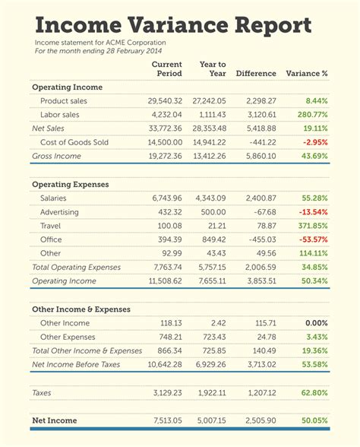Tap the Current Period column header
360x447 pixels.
pyautogui.click(x=166, y=69)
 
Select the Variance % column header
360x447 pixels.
pyautogui.click(x=306, y=74)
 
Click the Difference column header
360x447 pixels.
pyautogui.click(x=256, y=74)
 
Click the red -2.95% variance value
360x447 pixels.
pyautogui.click(x=314, y=142)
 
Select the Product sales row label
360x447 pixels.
pyautogui.click(x=64, y=101)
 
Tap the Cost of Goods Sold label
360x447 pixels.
pyautogui.click(x=75, y=142)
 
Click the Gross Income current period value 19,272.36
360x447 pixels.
pyautogui.click(x=161, y=156)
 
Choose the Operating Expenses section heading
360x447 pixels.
pyautogui.click(x=70, y=185)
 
